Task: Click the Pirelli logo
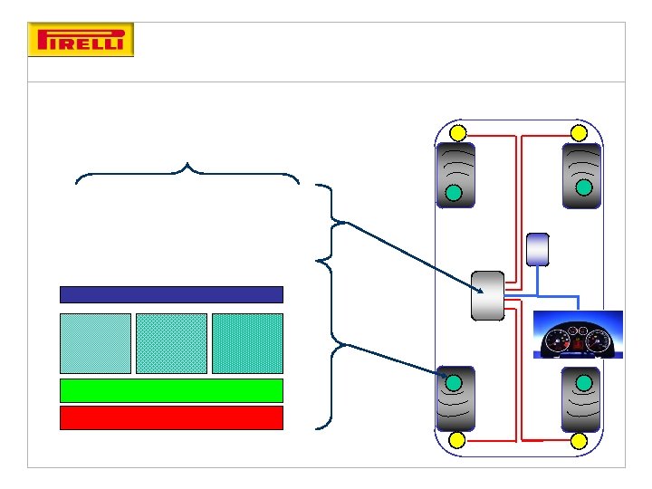click(x=81, y=41)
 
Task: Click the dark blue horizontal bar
click(x=171, y=294)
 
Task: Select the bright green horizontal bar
click(x=171, y=390)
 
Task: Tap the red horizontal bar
click(x=171, y=417)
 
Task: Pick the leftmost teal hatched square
click(x=95, y=343)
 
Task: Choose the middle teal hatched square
click(x=171, y=343)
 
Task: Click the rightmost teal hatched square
click(x=247, y=343)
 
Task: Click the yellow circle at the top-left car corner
click(x=458, y=133)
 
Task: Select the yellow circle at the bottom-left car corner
click(x=457, y=441)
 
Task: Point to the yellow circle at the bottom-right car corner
click(x=579, y=441)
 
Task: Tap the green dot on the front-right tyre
click(x=585, y=187)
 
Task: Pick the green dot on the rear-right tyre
click(x=585, y=382)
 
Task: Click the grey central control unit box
click(x=487, y=295)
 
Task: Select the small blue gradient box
click(x=537, y=249)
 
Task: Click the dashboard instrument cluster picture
click(x=577, y=335)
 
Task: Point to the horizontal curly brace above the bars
click(x=187, y=174)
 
